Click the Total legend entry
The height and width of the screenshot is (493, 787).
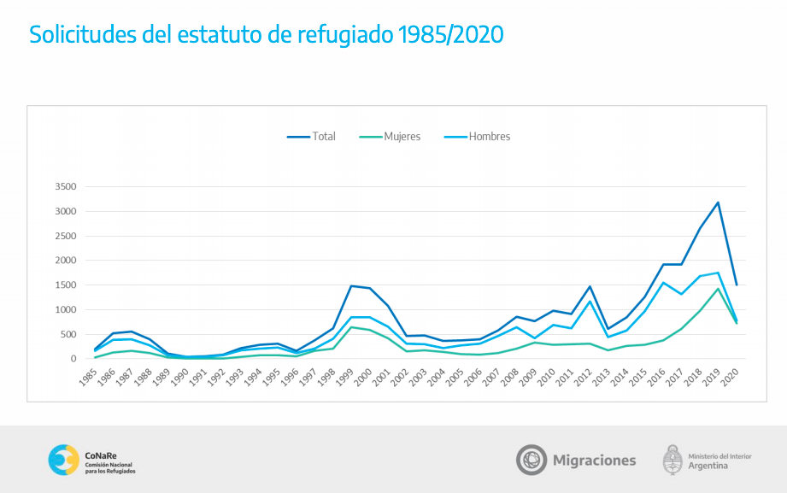[x=311, y=137]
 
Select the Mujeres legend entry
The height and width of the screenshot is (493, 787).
[x=390, y=137]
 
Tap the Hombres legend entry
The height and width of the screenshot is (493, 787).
[x=478, y=137]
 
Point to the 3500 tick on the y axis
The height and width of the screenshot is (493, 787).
[x=66, y=187]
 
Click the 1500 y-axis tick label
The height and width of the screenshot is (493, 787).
[x=66, y=285]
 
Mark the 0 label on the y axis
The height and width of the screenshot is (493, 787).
[x=73, y=359]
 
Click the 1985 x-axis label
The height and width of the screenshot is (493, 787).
[x=87, y=377]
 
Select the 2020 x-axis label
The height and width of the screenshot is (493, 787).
[x=729, y=377]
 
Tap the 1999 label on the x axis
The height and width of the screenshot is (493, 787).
[x=344, y=377]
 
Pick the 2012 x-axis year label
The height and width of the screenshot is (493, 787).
[x=583, y=377]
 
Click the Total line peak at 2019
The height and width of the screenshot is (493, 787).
[x=719, y=202]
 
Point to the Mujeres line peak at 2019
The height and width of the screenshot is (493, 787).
[x=719, y=289]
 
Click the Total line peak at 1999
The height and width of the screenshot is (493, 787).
[x=351, y=286]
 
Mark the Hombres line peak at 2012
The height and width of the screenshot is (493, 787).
[x=590, y=302]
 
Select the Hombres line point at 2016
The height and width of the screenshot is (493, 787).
[x=663, y=283]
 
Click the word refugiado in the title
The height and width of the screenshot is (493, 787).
[x=345, y=35]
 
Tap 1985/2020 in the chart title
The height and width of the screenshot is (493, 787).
[x=450, y=35]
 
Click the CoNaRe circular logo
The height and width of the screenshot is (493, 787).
[x=64, y=460]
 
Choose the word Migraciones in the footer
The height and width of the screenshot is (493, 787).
[x=594, y=461]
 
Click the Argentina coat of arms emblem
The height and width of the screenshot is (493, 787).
[x=672, y=460]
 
